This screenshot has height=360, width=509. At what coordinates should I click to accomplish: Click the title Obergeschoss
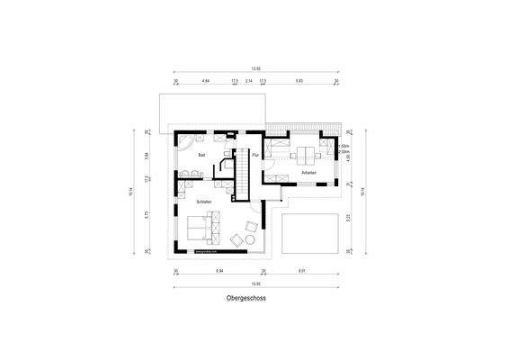click(x=246, y=296)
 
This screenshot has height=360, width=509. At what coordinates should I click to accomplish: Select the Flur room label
click(x=255, y=156)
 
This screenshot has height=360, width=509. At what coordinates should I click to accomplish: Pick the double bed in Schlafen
click(x=203, y=230)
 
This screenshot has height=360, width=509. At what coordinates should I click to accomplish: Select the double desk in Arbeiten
click(x=311, y=150)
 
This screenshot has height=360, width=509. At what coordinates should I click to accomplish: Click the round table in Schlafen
click(x=238, y=239)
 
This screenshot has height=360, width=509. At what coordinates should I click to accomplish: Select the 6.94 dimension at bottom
click(x=219, y=270)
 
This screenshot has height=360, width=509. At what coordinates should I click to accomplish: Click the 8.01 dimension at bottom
click(x=302, y=270)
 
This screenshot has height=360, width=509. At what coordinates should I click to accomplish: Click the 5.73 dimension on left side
click(x=147, y=215)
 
